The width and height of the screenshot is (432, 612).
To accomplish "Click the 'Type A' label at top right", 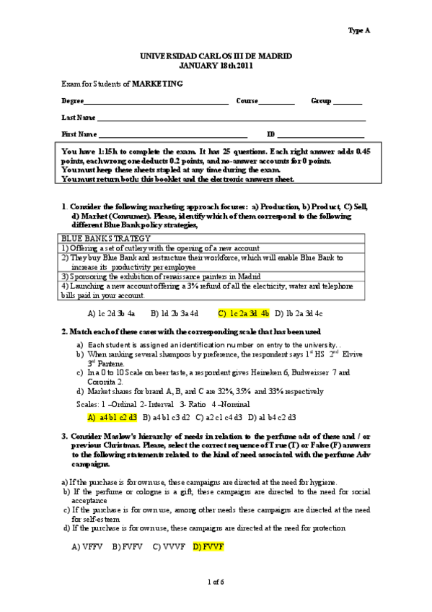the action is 358,31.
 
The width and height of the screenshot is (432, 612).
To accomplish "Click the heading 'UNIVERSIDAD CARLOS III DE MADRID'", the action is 215,56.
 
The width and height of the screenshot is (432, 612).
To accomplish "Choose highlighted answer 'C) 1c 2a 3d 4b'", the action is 243,314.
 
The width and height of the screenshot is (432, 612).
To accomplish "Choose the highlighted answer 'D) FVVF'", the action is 209,548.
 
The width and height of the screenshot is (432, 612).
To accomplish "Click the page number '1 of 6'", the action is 216,582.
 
